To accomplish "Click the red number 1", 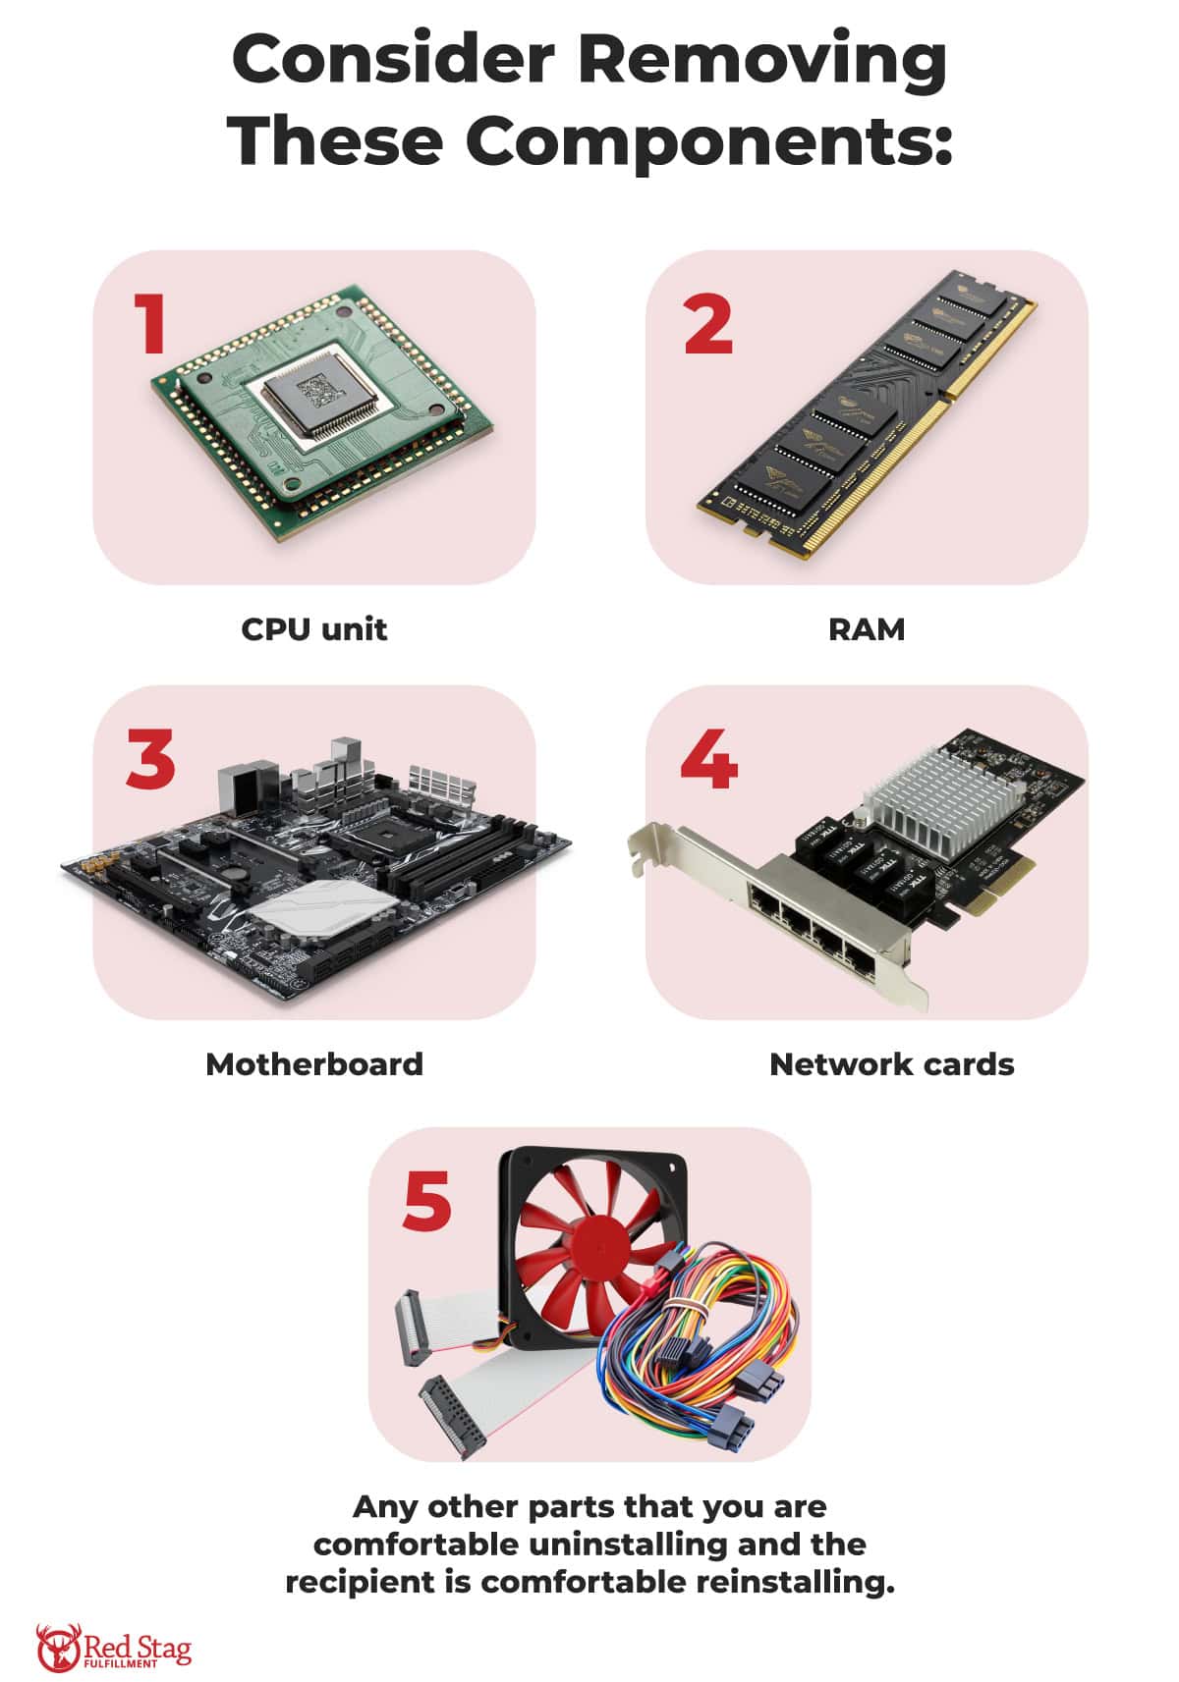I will [x=150, y=324].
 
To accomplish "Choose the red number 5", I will [x=427, y=1200].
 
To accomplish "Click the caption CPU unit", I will [x=314, y=628].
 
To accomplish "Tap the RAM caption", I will [x=866, y=628].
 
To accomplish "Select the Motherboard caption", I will [x=314, y=1063].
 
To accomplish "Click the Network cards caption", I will [x=891, y=1063].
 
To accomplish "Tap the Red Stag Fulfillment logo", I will [x=114, y=1648].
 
